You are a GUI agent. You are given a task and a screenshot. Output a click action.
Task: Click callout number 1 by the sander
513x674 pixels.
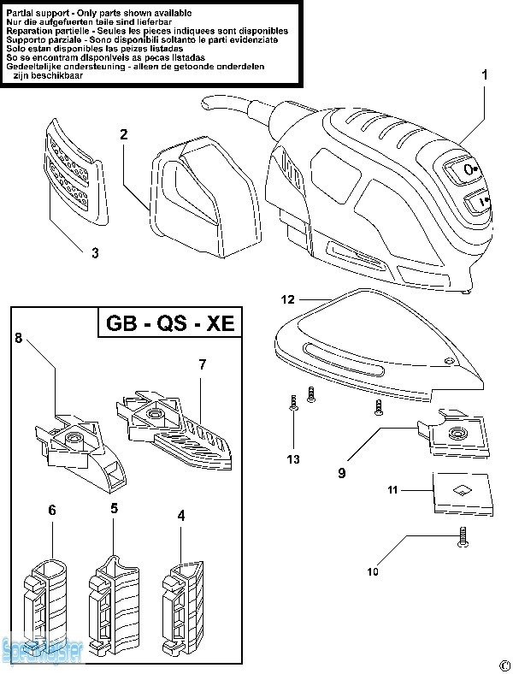pos(484,75)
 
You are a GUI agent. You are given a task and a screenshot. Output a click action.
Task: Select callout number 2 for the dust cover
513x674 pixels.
pos(124,134)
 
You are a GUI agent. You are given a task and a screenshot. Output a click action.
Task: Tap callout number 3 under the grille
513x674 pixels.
pos(95,252)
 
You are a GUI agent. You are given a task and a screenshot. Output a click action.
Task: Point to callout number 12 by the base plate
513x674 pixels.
pos(287,299)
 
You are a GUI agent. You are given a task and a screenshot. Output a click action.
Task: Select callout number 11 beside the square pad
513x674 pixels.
pos(393,491)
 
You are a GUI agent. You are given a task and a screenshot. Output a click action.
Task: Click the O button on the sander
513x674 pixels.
pos(470,169)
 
